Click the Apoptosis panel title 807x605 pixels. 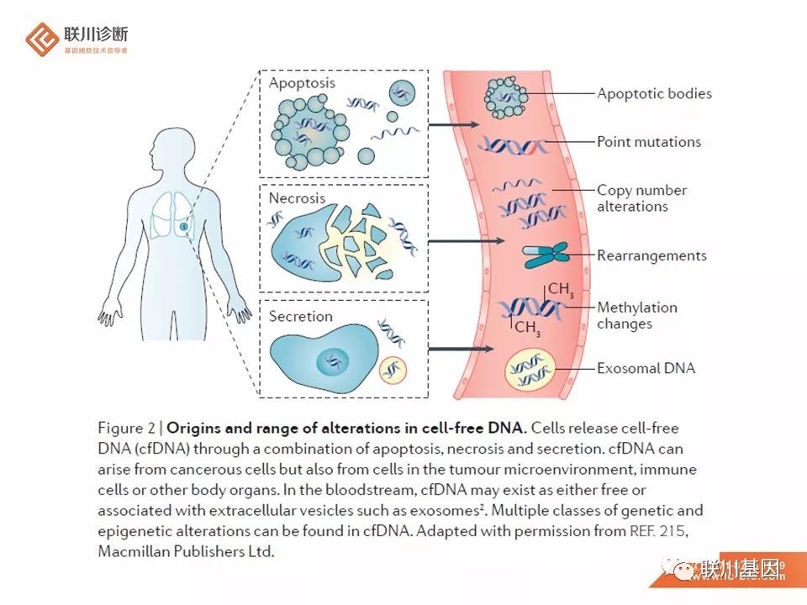click(302, 83)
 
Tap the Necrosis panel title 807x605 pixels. click(297, 199)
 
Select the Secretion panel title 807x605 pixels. click(300, 316)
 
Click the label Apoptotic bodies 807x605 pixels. click(654, 93)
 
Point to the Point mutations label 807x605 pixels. click(648, 142)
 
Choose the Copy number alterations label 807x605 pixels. click(641, 198)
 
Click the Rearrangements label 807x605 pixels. click(651, 255)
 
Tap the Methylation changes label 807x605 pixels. click(636, 315)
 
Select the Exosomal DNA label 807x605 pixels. click(646, 368)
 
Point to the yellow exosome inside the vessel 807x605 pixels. click(530, 371)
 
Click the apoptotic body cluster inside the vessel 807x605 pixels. click(506, 97)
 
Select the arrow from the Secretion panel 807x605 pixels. click(460, 347)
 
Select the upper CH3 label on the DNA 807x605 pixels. click(561, 292)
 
